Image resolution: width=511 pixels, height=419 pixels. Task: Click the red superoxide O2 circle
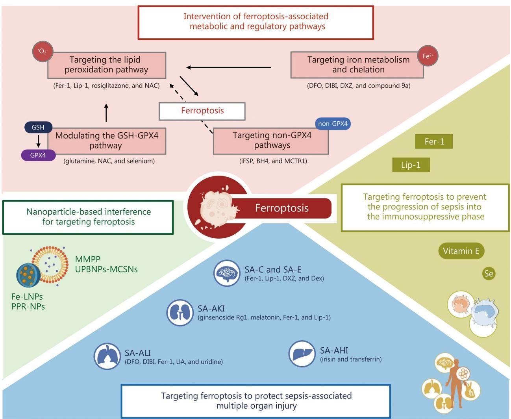43,51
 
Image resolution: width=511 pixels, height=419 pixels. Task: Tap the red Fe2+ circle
428,56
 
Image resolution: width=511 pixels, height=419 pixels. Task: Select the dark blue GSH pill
38,127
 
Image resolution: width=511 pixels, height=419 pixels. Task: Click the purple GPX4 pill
38,155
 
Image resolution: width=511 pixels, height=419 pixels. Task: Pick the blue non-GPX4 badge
333,124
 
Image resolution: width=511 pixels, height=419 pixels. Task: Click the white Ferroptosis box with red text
202,111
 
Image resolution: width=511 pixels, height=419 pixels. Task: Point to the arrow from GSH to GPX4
38,141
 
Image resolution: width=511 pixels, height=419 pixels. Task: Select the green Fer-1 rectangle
434,141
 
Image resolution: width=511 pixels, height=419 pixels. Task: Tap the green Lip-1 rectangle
411,165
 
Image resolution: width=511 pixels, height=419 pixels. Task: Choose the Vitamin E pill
461,251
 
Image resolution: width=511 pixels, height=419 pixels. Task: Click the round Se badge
489,274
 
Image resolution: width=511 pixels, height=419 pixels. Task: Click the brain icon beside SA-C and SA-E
227,273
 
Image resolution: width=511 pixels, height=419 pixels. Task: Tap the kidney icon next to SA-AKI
180,313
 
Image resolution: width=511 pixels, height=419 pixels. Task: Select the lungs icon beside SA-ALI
107,356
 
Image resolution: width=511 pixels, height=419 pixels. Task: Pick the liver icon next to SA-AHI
302,354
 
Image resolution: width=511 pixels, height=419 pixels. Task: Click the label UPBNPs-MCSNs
106,269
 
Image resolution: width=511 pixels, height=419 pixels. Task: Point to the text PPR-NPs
28,306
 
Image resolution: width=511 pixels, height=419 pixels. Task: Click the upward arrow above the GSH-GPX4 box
106,113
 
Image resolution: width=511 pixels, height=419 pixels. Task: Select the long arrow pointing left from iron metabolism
228,67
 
